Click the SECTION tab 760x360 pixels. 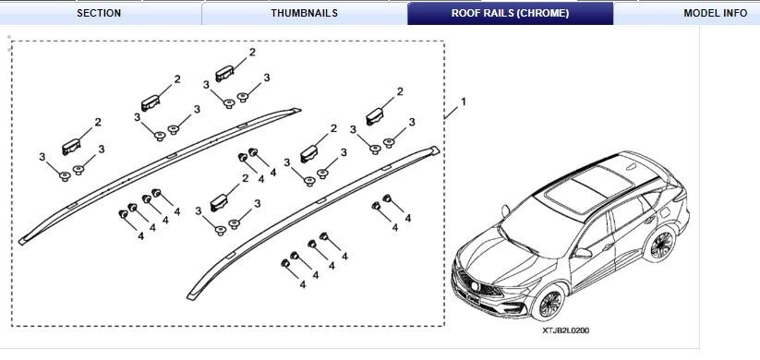coord(99,13)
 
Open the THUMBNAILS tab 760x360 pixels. coord(304,13)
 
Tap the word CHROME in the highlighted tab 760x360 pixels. coord(545,13)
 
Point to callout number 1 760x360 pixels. coord(464,101)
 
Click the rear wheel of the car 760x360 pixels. coord(660,246)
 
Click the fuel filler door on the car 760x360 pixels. coord(665,210)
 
